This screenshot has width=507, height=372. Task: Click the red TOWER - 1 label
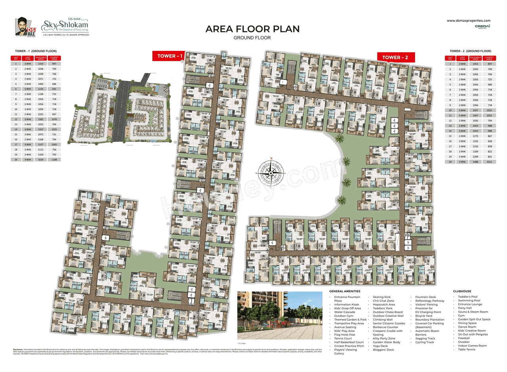[x=170, y=56]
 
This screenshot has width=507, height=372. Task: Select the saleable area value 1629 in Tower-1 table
[x=41, y=160]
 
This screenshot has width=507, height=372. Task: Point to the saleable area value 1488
[x=475, y=162]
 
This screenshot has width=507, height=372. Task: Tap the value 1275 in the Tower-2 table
[x=475, y=136]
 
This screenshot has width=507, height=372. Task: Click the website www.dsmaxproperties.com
[x=468, y=21]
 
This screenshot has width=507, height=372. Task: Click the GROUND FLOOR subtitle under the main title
[x=252, y=38]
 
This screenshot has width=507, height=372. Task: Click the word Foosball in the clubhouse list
[x=464, y=338]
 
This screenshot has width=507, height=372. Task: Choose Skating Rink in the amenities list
[x=381, y=297]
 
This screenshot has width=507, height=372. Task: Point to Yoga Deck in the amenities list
[x=380, y=346]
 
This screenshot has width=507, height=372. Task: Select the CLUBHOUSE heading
[x=462, y=291]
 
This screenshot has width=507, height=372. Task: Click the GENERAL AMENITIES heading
[x=344, y=291]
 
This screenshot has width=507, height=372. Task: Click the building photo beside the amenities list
[x=280, y=315]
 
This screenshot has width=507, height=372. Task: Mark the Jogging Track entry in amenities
[x=425, y=338]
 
